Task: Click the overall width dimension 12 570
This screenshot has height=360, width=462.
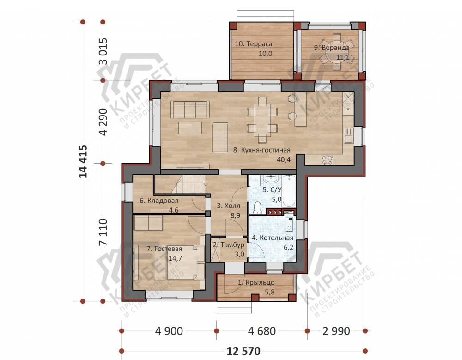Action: click(243, 351)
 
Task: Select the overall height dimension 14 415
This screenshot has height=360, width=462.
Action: click(83, 161)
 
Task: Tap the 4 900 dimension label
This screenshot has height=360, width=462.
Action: click(169, 331)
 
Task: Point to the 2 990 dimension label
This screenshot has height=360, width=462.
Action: click(336, 331)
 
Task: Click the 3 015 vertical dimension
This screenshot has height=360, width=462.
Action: click(103, 51)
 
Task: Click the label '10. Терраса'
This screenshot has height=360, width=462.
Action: click(253, 44)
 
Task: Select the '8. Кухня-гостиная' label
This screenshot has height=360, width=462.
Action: click(261, 150)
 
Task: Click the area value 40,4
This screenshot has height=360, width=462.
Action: click(284, 160)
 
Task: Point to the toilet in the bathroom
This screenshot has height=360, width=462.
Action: click(257, 207)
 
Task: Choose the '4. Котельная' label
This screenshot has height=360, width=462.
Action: click(273, 238)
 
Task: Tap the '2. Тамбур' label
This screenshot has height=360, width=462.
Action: click(229, 245)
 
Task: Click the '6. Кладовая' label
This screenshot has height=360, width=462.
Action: click(159, 201)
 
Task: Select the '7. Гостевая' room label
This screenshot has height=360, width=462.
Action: click(164, 249)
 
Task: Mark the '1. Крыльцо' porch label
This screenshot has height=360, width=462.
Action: click(256, 282)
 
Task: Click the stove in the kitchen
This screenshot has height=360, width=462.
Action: click(327, 160)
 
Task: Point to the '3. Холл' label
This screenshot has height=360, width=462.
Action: click(229, 206)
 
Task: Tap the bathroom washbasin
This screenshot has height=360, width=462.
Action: click(270, 178)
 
